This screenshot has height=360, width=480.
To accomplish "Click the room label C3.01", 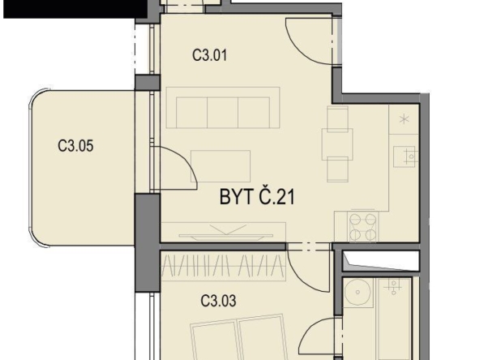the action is [210, 55].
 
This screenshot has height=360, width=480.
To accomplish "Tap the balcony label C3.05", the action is [75, 146].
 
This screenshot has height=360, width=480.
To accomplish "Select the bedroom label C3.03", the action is [218, 301].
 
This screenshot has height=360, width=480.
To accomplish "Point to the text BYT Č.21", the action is [257, 196].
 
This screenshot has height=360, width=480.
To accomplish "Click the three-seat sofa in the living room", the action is [223, 108].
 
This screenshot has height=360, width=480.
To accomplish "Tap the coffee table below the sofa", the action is [221, 166].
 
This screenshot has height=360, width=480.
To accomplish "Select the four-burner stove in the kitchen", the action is [363, 226].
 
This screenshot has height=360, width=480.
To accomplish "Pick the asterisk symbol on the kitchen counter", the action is [405, 118].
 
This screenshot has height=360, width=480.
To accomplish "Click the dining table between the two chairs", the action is [337, 144].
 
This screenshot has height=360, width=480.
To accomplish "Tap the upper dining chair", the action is [337, 118].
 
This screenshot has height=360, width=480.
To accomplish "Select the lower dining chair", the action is [337, 169].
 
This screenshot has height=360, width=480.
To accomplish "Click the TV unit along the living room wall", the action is [224, 232].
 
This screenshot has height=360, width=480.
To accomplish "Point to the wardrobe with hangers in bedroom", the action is [224, 266].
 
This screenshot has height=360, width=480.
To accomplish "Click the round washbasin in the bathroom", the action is [358, 293].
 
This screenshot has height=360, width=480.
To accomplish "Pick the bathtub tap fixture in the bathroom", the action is [394, 286].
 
